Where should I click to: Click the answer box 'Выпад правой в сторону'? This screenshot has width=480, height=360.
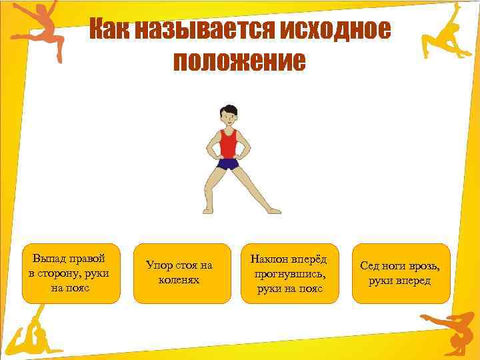click(71, 273)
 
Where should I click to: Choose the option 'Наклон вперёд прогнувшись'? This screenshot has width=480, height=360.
click(289, 273)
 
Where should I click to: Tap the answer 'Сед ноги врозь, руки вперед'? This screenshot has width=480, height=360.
click(401, 273)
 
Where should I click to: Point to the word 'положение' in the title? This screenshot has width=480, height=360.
click(239, 61)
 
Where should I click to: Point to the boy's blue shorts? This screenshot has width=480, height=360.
click(228, 163)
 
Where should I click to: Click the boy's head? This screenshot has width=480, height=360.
click(229, 114)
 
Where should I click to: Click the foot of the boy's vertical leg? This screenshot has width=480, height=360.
click(207, 210)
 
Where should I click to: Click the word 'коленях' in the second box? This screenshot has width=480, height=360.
click(179, 281)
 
